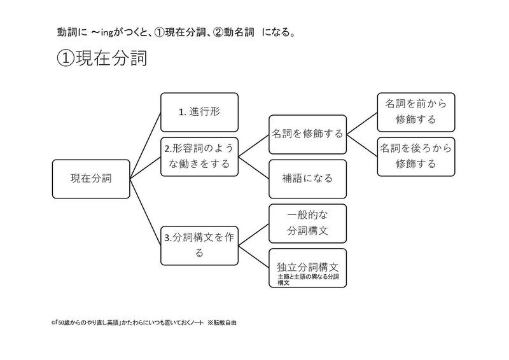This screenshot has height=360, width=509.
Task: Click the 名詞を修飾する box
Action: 307,134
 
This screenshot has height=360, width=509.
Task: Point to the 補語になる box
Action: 307,178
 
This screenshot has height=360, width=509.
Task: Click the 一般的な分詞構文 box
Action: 307,223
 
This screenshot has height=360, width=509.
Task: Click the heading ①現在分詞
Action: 102,59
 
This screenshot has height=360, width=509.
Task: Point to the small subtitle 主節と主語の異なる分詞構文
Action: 307,280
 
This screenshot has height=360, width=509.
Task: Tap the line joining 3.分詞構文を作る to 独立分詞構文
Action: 253,257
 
